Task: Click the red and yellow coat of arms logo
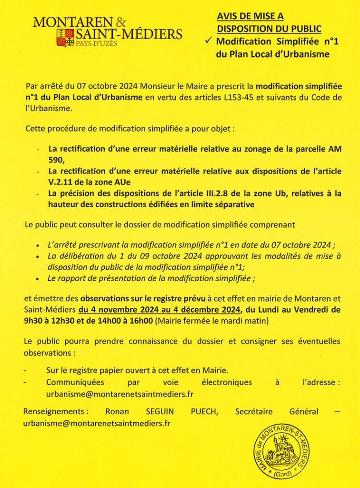coord(65,38)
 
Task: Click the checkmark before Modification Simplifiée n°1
coord(209,41)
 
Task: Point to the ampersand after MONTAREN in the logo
coord(121,21)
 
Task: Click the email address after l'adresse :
coord(120,394)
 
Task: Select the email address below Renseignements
coord(97,423)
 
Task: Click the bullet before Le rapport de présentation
coord(38,278)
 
